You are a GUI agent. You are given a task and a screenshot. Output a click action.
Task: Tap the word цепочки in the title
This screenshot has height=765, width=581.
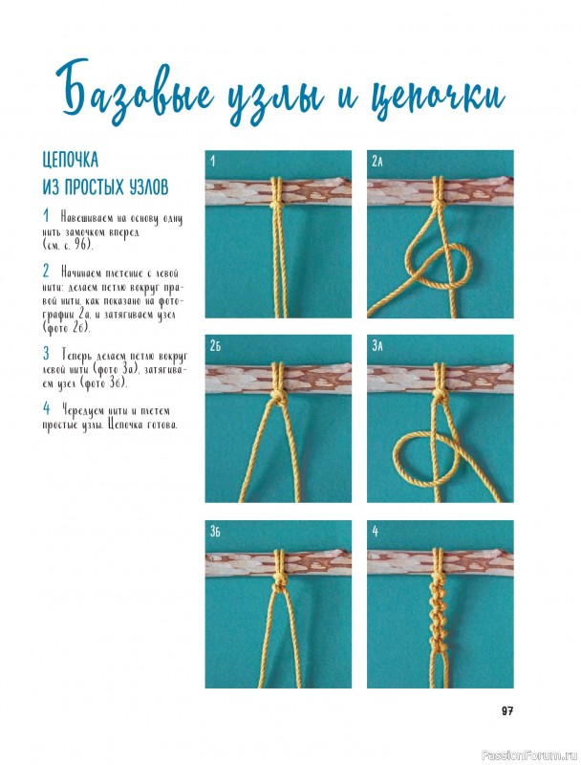(x=438, y=98)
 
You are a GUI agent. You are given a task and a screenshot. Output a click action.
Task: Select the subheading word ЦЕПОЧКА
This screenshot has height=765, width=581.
(x=71, y=160)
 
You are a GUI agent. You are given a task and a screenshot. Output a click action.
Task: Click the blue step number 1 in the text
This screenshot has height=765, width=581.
(x=46, y=215)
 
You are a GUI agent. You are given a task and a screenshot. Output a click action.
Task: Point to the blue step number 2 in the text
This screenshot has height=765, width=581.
(x=46, y=271)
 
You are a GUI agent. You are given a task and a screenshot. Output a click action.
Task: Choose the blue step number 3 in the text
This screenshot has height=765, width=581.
(x=46, y=353)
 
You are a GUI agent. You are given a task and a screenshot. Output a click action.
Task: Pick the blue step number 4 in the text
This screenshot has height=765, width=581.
(x=47, y=408)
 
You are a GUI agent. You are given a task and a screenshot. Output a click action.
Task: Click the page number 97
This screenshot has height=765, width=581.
(x=507, y=711)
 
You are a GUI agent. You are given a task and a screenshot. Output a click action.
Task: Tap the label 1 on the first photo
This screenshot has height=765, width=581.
(x=212, y=161)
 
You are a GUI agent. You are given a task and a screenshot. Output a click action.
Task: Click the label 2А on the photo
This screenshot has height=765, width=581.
(x=377, y=161)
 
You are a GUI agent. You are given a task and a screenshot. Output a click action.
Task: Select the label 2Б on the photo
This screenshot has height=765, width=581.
(x=215, y=346)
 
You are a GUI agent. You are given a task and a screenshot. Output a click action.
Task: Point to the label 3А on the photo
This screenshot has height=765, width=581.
(x=377, y=346)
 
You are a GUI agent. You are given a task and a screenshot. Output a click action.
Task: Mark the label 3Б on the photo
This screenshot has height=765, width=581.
(x=215, y=532)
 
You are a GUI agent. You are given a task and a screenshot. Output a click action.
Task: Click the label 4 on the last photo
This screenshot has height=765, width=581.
(x=376, y=532)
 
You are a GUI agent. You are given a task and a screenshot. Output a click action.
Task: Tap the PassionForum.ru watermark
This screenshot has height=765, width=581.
(x=528, y=755)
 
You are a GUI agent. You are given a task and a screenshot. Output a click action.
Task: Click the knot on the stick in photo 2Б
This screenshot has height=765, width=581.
(x=279, y=393)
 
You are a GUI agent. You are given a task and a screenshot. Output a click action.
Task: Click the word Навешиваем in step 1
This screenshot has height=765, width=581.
(x=86, y=218)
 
